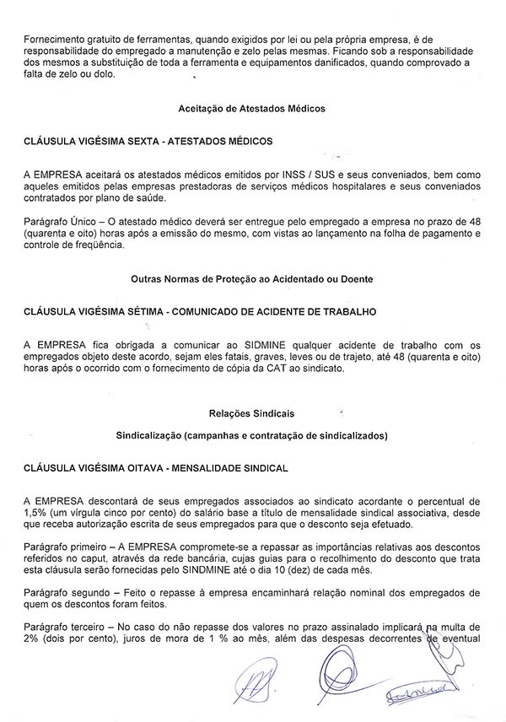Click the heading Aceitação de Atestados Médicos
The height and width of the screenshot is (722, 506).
point(252,109)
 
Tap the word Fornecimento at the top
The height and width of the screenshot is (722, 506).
point(54,40)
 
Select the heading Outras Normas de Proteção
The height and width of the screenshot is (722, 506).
point(252,278)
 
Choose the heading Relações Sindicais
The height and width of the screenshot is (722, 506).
point(252,412)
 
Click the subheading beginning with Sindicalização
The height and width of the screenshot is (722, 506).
point(252,436)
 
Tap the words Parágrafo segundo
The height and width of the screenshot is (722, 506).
point(62,595)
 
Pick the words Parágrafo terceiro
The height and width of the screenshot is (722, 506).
point(60,628)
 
